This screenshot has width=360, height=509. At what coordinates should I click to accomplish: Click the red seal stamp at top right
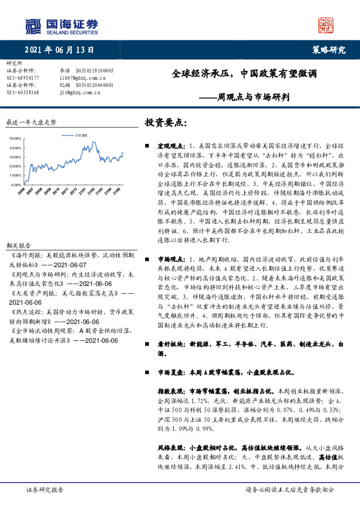[x=326, y=25]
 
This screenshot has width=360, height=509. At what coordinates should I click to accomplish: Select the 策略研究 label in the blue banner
[x=329, y=50]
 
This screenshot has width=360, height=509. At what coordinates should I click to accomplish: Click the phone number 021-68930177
[x=23, y=78]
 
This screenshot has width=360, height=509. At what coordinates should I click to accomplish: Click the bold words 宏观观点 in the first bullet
[x=169, y=146]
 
